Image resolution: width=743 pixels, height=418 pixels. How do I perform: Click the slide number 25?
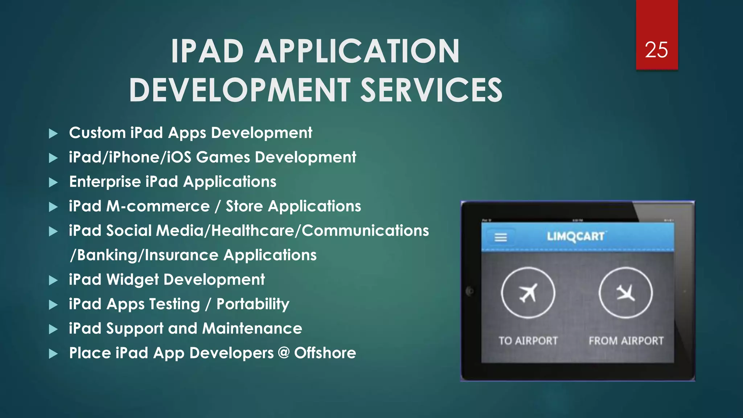(x=656, y=50)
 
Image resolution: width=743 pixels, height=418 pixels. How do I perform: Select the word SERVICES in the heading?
(x=431, y=90)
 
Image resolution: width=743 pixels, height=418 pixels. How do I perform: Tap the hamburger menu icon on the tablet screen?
(x=501, y=238)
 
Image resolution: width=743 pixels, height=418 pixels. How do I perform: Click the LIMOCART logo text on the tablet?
(x=576, y=237)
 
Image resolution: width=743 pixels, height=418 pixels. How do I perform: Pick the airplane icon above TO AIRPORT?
(x=528, y=292)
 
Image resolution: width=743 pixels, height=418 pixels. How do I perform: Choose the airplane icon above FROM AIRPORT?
(x=625, y=292)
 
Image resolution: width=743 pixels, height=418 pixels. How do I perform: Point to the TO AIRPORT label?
(x=528, y=341)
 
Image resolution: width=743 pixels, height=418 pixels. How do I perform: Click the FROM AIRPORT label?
(x=626, y=341)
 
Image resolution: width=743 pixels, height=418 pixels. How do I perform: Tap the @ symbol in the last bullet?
(x=284, y=353)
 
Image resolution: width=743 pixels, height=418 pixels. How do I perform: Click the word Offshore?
(x=325, y=353)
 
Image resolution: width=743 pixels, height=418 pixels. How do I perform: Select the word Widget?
(x=132, y=279)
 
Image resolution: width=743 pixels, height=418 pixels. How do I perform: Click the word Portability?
(x=253, y=304)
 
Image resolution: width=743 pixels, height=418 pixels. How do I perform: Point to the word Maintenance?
(x=252, y=328)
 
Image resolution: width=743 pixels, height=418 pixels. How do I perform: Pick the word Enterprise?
(x=105, y=182)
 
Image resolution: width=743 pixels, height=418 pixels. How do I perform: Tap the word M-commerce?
(x=158, y=206)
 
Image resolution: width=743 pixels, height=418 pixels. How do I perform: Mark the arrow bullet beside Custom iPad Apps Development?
(x=53, y=134)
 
